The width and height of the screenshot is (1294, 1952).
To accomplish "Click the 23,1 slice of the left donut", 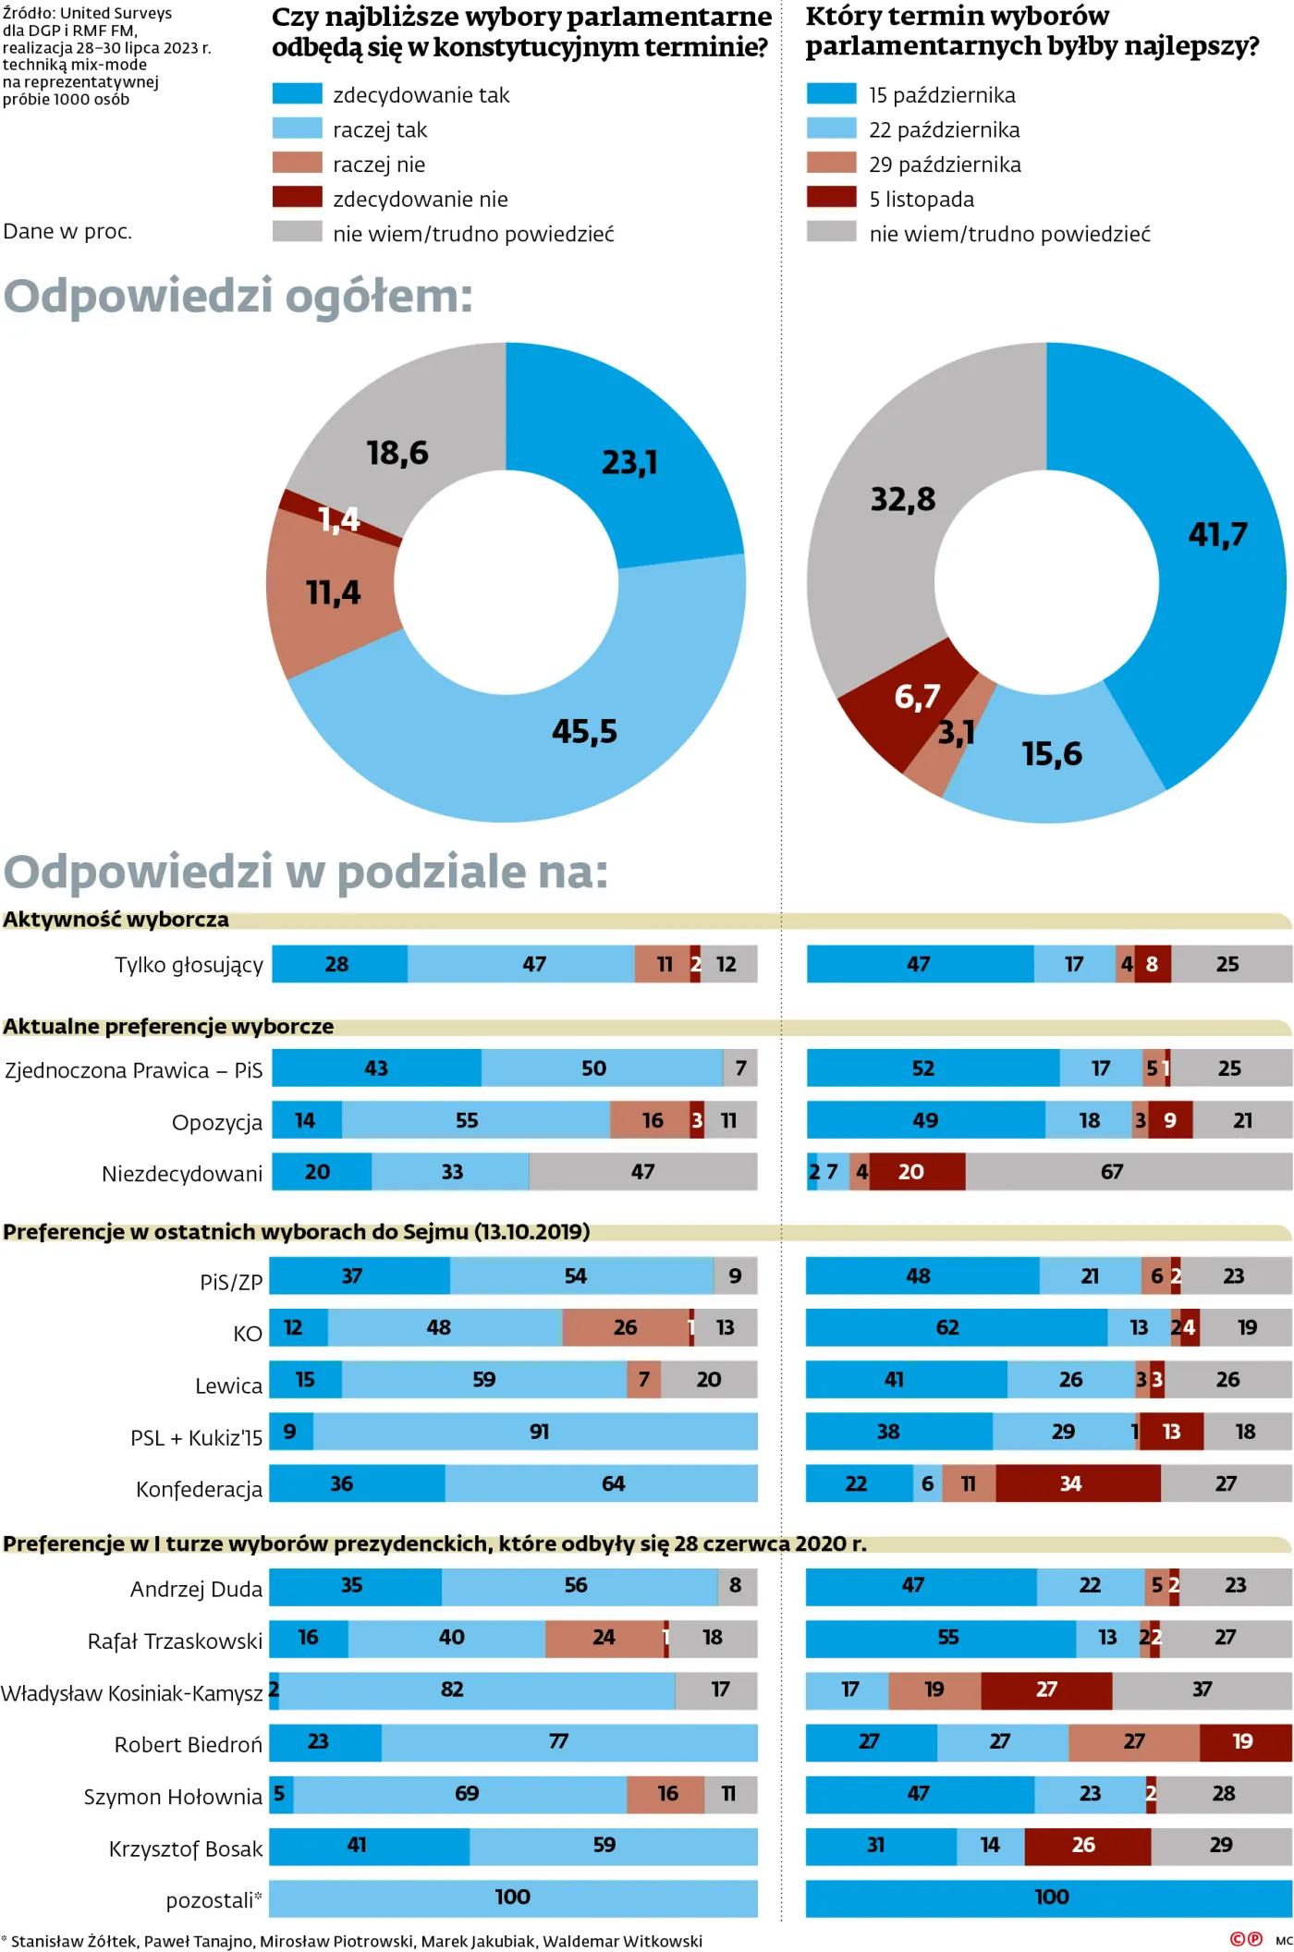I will click(x=629, y=461).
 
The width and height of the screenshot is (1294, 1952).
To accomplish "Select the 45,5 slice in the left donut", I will click(x=583, y=731).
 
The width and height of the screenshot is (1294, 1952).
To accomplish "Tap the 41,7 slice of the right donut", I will click(x=1217, y=533).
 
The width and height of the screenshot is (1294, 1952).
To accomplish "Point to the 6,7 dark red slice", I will click(x=916, y=696).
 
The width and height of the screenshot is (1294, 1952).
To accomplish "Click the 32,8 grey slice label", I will click(x=903, y=499).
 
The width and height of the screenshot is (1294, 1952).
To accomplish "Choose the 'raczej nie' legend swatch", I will click(x=297, y=164).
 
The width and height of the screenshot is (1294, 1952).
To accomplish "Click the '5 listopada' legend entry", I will click(x=921, y=199).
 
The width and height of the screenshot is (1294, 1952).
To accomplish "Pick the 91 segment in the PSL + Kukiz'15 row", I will click(x=539, y=1431).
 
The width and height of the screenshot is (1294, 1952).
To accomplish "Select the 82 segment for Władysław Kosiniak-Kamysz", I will click(x=452, y=1689).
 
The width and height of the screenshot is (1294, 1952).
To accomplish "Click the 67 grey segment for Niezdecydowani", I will click(x=1112, y=1171).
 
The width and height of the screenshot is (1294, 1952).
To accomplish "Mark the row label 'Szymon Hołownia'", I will click(x=173, y=1796).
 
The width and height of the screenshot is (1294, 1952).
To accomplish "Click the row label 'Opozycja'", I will click(x=216, y=1122).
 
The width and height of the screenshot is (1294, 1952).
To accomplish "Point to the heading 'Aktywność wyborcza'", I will click(x=116, y=919).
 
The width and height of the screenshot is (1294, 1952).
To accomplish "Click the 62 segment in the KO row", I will click(x=948, y=1327).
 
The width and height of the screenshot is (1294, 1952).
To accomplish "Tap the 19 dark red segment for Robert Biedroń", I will click(x=1242, y=1740).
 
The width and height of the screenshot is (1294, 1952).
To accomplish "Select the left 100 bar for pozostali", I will click(x=513, y=1897).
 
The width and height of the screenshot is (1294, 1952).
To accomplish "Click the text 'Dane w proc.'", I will click(x=67, y=231).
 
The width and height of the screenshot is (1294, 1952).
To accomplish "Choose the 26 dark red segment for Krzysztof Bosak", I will click(x=1084, y=1844).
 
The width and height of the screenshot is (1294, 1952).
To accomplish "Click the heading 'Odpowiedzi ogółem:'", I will click(x=238, y=296).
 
